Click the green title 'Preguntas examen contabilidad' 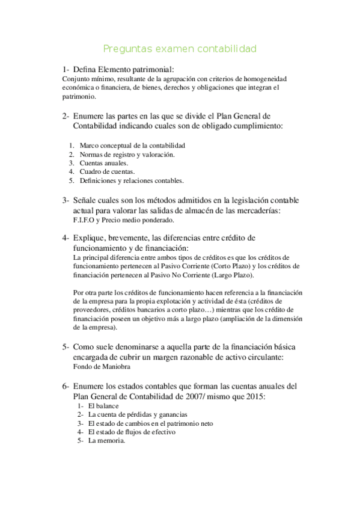(180, 48)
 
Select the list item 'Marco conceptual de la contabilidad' (132, 146)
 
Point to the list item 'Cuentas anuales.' (103, 163)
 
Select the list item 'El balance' (103, 406)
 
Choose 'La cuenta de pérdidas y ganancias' (138, 414)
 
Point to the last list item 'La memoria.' (106, 440)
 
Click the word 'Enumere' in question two (91, 115)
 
